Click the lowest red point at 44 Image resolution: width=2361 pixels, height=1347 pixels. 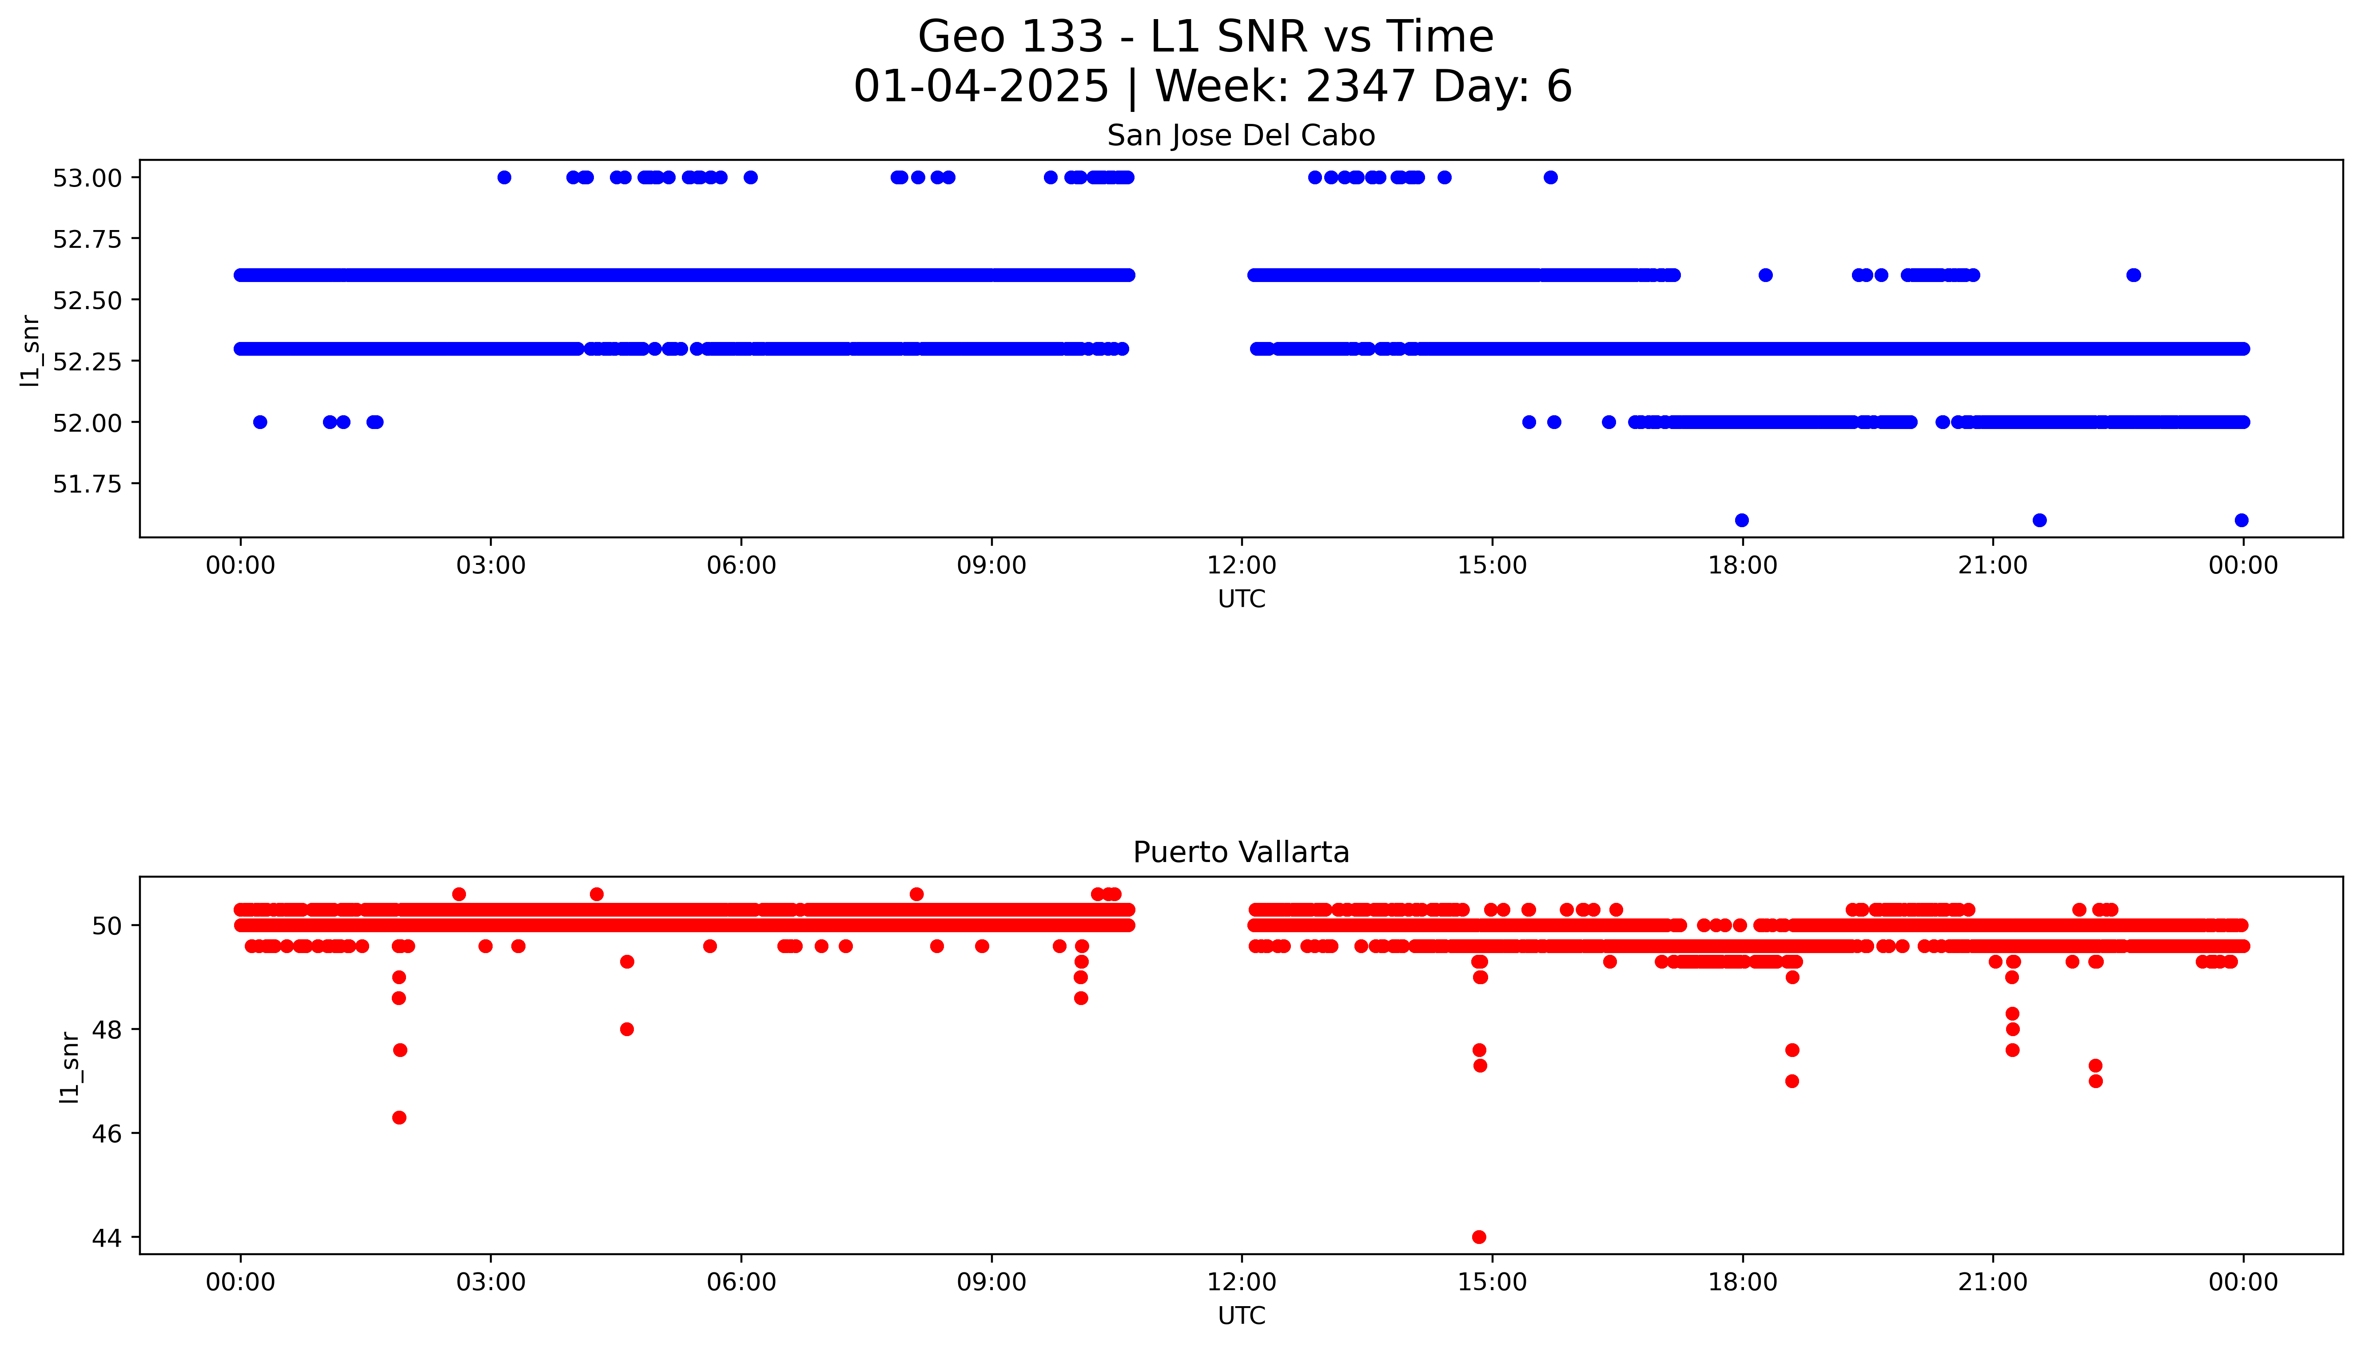pyautogui.click(x=1478, y=1237)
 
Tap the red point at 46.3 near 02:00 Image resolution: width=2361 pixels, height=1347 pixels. pyautogui.click(x=399, y=1117)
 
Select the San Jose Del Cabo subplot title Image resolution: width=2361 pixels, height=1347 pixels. pyautogui.click(x=1241, y=136)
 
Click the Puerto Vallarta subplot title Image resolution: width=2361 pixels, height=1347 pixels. pyautogui.click(x=1241, y=852)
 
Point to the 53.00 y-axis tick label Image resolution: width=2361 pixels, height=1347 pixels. pyautogui.click(x=87, y=178)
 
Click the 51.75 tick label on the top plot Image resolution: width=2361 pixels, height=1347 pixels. pyautogui.click(x=87, y=484)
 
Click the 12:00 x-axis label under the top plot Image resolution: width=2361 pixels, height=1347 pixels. pyautogui.click(x=1241, y=565)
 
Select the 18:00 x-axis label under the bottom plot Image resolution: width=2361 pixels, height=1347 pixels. pyautogui.click(x=1742, y=1282)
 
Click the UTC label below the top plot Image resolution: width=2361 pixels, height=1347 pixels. pyautogui.click(x=1241, y=600)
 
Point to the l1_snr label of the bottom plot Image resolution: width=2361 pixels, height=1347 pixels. pyautogui.click(x=69, y=1067)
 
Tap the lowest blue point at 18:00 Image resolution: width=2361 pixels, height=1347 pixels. pyautogui.click(x=1741, y=520)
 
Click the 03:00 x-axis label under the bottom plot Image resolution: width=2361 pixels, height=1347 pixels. pyautogui.click(x=490, y=1282)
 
